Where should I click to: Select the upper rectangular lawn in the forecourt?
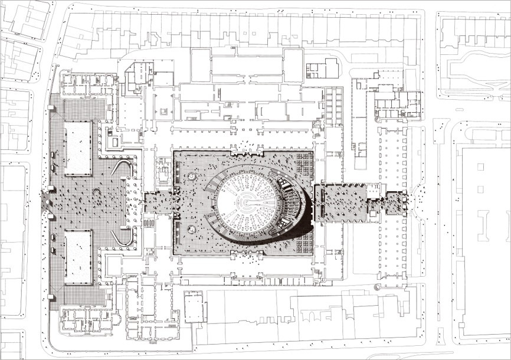(78, 148)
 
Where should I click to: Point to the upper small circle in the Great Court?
(192, 177)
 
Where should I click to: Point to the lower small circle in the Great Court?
(192, 228)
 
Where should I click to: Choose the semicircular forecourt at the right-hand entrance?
(420, 201)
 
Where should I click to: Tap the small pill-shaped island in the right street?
(439, 337)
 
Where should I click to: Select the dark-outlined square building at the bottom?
(193, 307)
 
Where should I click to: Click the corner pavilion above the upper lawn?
(89, 86)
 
